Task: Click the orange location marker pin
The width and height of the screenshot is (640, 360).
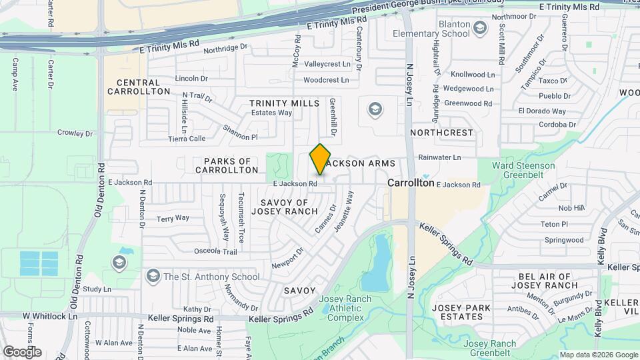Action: point(321,159)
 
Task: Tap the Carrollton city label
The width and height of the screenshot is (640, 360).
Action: point(411,183)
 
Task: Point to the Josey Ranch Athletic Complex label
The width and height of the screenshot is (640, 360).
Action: point(346,308)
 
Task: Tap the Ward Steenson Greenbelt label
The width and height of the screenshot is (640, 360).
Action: point(523,170)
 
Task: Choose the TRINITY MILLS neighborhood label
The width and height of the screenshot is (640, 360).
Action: point(285,103)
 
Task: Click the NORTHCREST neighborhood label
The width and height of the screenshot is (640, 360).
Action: point(441,133)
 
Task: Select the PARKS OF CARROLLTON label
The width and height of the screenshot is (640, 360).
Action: point(227,165)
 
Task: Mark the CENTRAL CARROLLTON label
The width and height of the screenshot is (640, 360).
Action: point(143,86)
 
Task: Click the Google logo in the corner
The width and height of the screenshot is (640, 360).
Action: point(22,351)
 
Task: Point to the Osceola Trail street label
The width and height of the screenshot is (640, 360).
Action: point(215,251)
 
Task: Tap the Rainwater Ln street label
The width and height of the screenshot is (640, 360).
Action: point(439,157)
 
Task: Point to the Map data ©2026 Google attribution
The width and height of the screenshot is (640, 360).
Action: point(597,355)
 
